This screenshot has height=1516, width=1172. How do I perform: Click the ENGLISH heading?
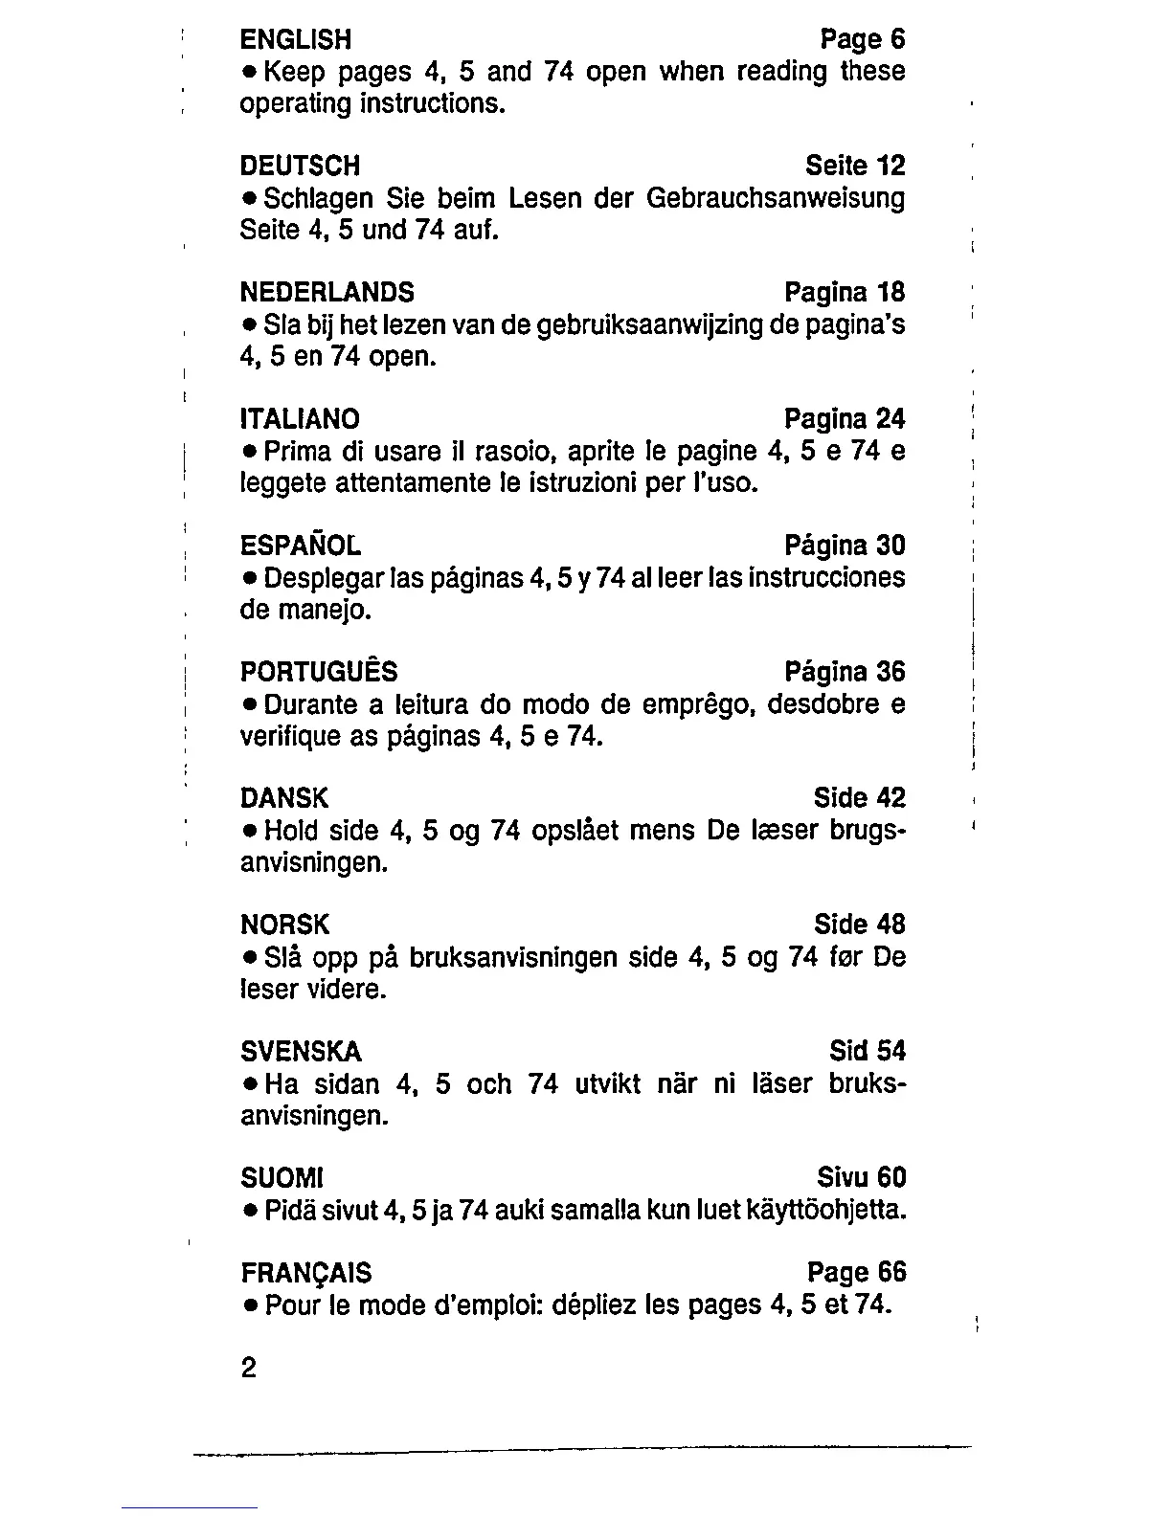pos(295,39)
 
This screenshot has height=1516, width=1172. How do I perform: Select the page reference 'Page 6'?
pos(863,39)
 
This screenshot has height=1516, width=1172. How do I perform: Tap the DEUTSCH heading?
pos(300,167)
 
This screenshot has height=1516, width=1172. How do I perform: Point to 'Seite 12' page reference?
pos(855,167)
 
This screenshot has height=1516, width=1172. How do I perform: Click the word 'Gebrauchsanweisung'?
pos(776,199)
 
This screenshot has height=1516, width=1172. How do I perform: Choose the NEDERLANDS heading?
pos(327,293)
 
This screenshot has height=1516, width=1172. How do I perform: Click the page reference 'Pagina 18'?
pos(845,293)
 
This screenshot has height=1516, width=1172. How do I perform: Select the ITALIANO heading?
pos(300,419)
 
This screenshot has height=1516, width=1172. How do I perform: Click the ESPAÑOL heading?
pos(300,546)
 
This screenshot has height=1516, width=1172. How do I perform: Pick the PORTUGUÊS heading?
pos(318,672)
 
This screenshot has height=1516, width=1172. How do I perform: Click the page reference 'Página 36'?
pos(845,672)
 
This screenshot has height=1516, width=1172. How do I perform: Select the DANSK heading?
pos(283,798)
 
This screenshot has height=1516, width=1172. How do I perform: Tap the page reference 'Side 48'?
pos(859,925)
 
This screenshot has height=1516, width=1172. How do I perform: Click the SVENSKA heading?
pos(301,1052)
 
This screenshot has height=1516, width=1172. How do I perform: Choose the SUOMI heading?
pos(282,1177)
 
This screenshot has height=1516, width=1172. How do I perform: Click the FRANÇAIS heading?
pos(305,1273)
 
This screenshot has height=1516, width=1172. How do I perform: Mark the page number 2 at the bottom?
pos(249,1369)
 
